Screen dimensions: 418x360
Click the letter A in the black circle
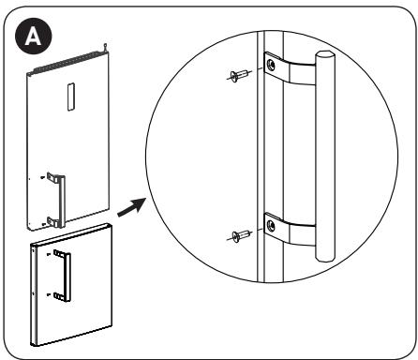click(x=33, y=37)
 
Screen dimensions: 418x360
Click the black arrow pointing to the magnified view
click(x=132, y=206)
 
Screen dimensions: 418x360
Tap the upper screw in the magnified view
click(x=239, y=76)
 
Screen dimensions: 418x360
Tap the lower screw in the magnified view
click(x=240, y=235)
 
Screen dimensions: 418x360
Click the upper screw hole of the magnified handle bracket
click(x=271, y=65)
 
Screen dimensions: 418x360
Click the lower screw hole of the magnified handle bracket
click(x=271, y=226)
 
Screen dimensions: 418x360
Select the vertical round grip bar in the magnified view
click(x=325, y=156)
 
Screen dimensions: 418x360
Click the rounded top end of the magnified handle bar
click(x=325, y=53)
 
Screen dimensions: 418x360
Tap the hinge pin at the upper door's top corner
click(x=105, y=47)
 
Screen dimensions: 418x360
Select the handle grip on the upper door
click(x=62, y=202)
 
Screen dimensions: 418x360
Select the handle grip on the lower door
click(x=67, y=277)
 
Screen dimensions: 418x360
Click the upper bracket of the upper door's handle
click(x=52, y=177)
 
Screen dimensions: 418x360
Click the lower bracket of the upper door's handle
click(x=52, y=221)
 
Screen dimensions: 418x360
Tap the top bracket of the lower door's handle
click(x=58, y=253)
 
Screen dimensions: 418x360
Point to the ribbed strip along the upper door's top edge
click(x=68, y=62)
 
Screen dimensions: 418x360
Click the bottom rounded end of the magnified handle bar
click(x=325, y=258)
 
